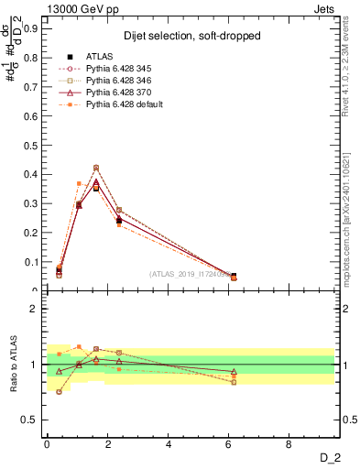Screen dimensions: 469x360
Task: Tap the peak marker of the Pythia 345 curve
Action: pos(96,168)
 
